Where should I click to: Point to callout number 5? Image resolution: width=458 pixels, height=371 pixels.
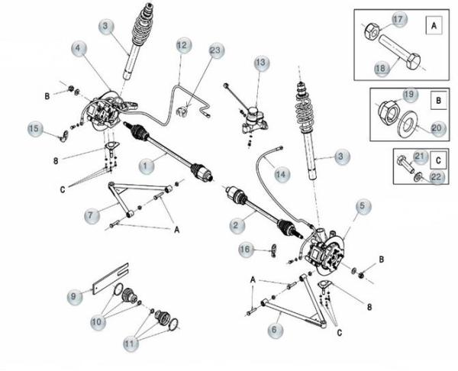pos(362,206)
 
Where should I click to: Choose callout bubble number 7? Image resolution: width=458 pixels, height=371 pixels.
pos(91,217)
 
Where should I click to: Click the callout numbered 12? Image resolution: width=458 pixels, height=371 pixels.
pos(181,47)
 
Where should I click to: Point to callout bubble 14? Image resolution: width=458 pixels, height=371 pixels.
pos(282,175)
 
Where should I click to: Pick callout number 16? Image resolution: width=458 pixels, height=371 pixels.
pos(245,249)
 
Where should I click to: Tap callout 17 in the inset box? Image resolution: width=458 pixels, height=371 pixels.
pos(400,19)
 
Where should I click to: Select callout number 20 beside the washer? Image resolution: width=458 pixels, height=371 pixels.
pos(436,128)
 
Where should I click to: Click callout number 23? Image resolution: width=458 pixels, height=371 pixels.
pos(216,51)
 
